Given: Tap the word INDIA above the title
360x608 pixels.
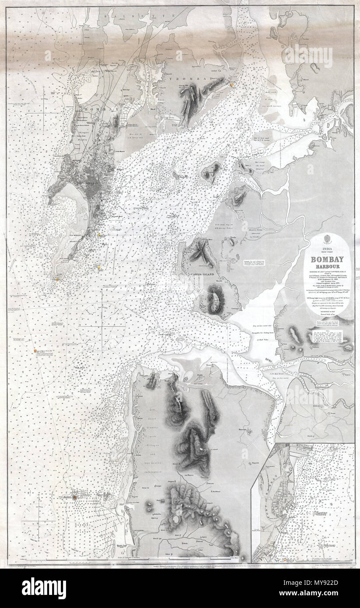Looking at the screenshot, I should (326, 248).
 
